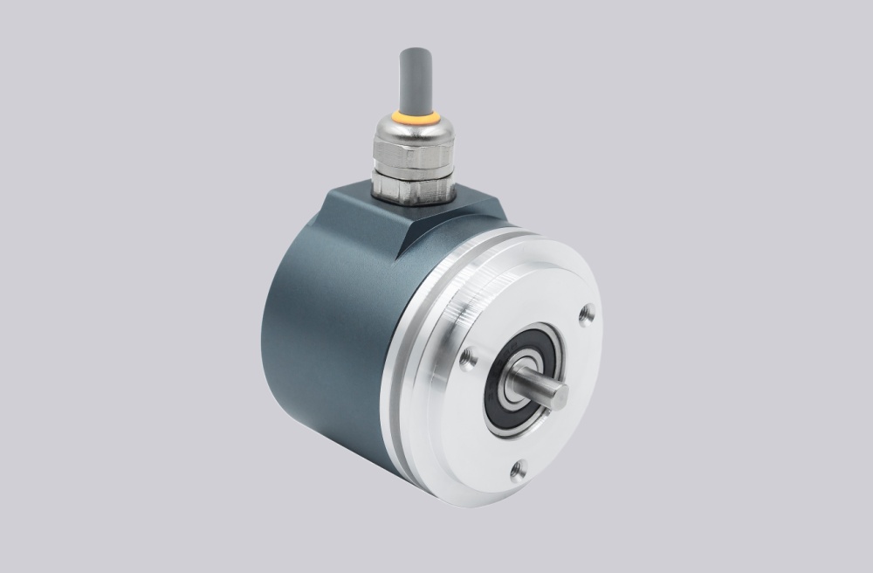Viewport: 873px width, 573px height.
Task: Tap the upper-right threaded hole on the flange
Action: click(x=587, y=312)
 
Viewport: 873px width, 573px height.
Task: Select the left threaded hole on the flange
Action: click(x=469, y=356)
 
